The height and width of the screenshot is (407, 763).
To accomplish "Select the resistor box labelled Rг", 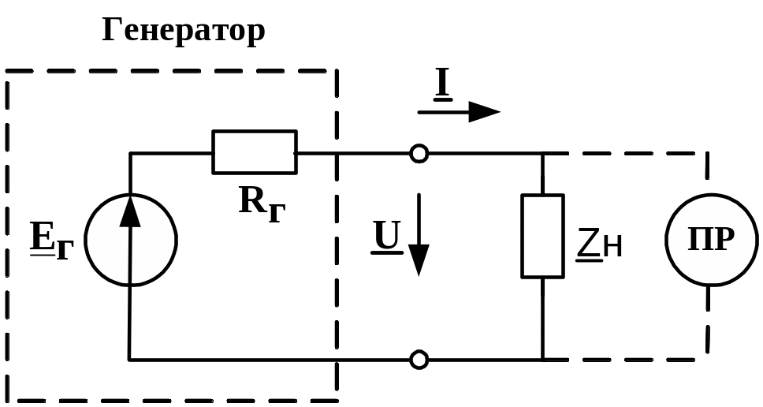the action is coord(255,152).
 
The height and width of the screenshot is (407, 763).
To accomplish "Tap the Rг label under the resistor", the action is coord(262,204).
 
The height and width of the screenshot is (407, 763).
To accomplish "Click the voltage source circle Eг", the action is coord(130,194).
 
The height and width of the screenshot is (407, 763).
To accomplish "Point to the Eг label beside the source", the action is coord(51,241).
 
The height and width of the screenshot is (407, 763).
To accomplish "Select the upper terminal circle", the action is coord(419,153).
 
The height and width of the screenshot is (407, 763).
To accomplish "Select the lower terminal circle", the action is coord(419,360).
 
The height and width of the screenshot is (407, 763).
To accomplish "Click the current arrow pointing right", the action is coord(459,112).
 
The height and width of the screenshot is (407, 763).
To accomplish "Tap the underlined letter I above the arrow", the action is coord(443,85).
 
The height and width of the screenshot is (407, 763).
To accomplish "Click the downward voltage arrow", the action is coord(419,235).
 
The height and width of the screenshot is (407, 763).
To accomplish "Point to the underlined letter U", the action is coord(387,237).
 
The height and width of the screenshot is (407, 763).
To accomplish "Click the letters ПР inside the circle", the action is coord(711,240).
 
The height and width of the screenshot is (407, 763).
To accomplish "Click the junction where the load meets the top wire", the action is coord(542,153).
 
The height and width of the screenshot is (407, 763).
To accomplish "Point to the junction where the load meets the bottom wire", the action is coord(542,360).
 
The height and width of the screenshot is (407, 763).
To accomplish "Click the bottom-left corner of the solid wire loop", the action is coord(129,360).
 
